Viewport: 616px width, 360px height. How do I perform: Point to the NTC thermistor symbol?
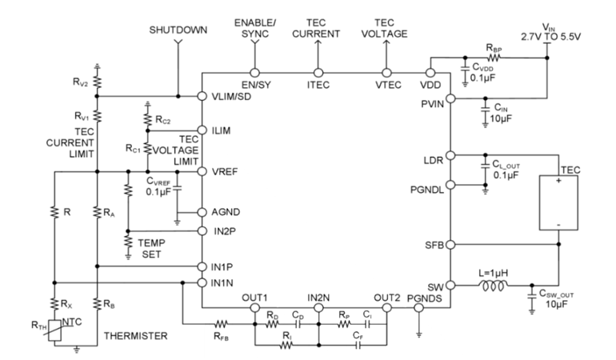[66, 330]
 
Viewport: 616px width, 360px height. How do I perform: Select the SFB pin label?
[432, 243]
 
